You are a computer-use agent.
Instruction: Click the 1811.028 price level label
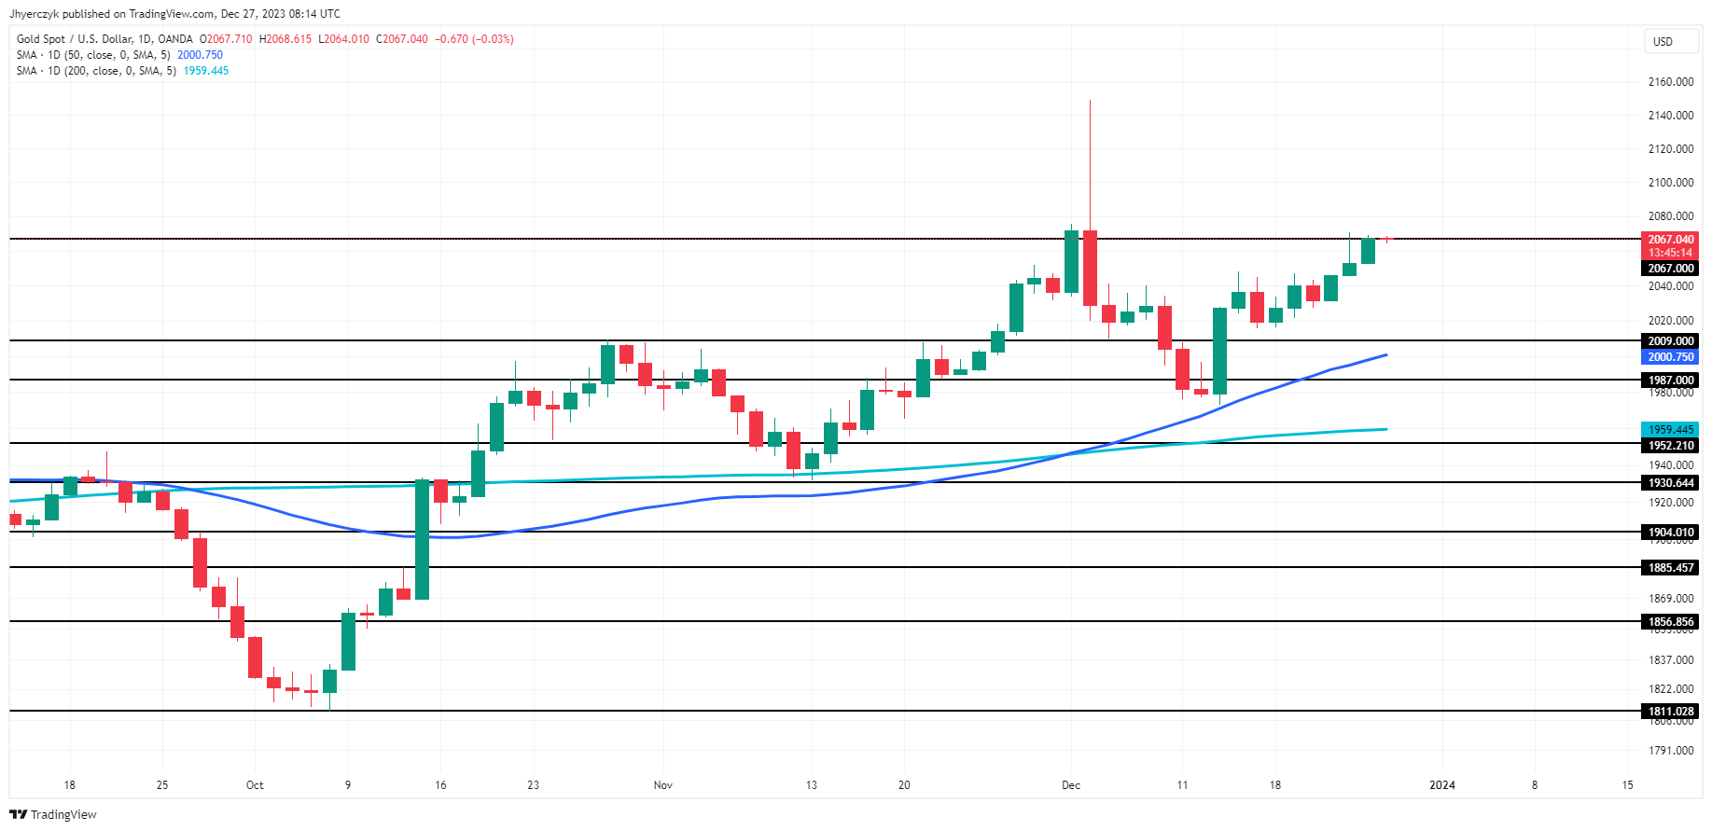point(1670,711)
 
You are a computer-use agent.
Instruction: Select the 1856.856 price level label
point(1670,622)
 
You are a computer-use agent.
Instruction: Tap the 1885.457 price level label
point(1670,568)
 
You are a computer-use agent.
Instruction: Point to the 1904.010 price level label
point(1670,533)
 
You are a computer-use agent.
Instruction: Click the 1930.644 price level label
point(1670,483)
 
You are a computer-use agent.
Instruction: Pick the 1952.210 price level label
point(1670,446)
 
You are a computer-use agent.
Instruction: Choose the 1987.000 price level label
point(1670,381)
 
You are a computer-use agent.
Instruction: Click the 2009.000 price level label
point(1670,341)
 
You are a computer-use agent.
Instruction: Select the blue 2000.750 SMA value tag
point(1670,357)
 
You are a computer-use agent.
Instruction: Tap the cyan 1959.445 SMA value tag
point(1670,430)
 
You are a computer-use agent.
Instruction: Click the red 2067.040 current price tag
point(1670,240)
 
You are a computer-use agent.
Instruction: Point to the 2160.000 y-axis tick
point(1670,82)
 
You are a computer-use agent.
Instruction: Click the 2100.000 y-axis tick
point(1670,183)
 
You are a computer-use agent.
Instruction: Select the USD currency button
point(1663,41)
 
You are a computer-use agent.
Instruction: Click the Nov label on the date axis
point(662,785)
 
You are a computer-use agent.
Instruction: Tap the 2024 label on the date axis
point(1441,785)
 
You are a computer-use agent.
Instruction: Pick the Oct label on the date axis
point(255,785)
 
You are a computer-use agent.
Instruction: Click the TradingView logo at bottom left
point(53,814)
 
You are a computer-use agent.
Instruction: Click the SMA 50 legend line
point(119,55)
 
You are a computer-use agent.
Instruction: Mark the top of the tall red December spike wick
point(1090,101)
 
